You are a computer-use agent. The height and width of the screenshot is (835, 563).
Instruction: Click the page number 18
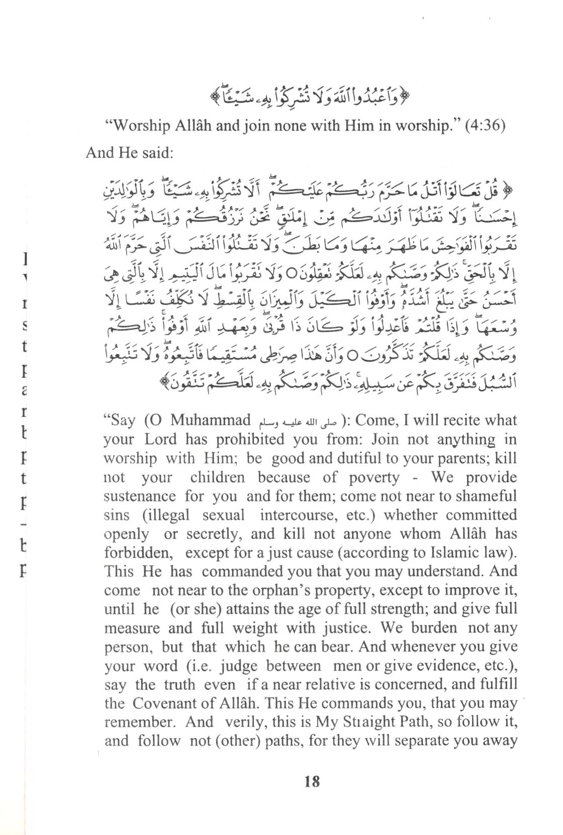(312, 782)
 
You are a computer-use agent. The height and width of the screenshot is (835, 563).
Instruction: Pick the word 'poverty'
(372, 478)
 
